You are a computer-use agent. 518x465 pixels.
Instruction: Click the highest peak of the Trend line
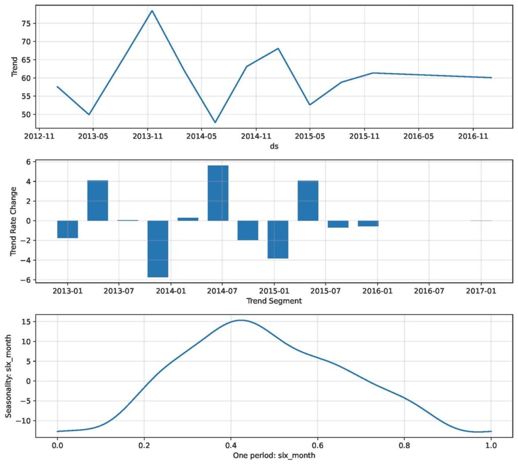pos(152,11)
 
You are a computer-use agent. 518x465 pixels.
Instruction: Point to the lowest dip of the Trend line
pos(215,122)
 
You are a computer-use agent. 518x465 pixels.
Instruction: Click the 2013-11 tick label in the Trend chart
pos(147,136)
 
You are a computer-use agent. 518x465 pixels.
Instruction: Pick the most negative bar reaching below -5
pos(157,249)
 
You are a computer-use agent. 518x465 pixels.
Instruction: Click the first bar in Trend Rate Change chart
pos(67,229)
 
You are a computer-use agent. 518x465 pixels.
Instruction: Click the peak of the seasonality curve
pos(241,320)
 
